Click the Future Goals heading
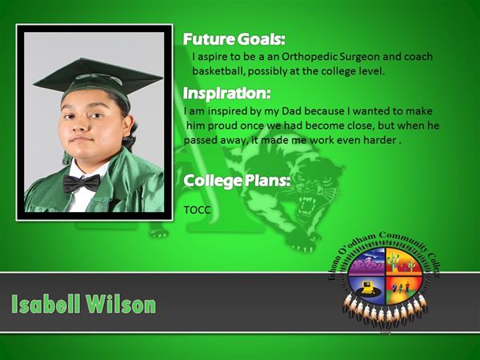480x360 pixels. pyautogui.click(x=234, y=39)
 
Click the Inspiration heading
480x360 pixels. pyautogui.click(x=227, y=93)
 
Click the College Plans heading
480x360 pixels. pyautogui.click(x=237, y=180)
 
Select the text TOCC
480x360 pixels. pyautogui.click(x=197, y=210)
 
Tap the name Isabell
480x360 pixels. pyautogui.click(x=46, y=304)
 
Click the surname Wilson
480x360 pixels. pyautogui.click(x=121, y=304)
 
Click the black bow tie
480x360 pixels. pyautogui.click(x=82, y=182)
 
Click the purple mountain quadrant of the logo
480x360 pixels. pyautogui.click(x=367, y=262)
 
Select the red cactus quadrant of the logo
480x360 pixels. pyautogui.click(x=403, y=262)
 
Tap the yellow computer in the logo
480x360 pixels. pyautogui.click(x=366, y=287)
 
